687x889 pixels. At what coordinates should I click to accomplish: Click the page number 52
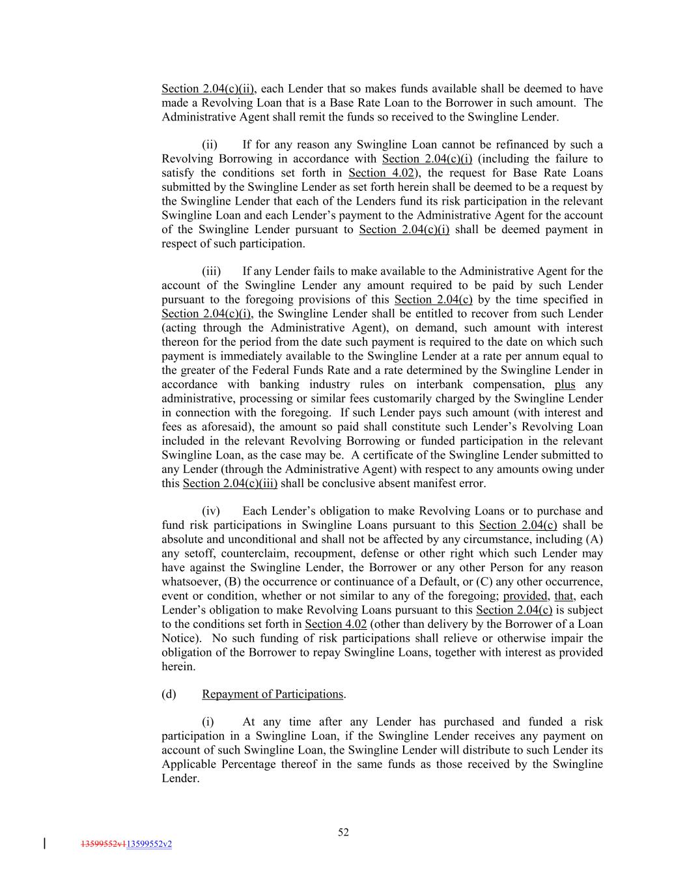point(343,832)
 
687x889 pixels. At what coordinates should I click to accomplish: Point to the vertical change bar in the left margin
point(44,844)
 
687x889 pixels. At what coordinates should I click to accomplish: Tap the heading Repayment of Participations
point(272,694)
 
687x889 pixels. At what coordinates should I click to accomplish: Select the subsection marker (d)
point(169,694)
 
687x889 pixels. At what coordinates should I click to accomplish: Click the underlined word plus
point(565,385)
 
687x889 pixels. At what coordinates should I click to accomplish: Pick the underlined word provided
point(526,596)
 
